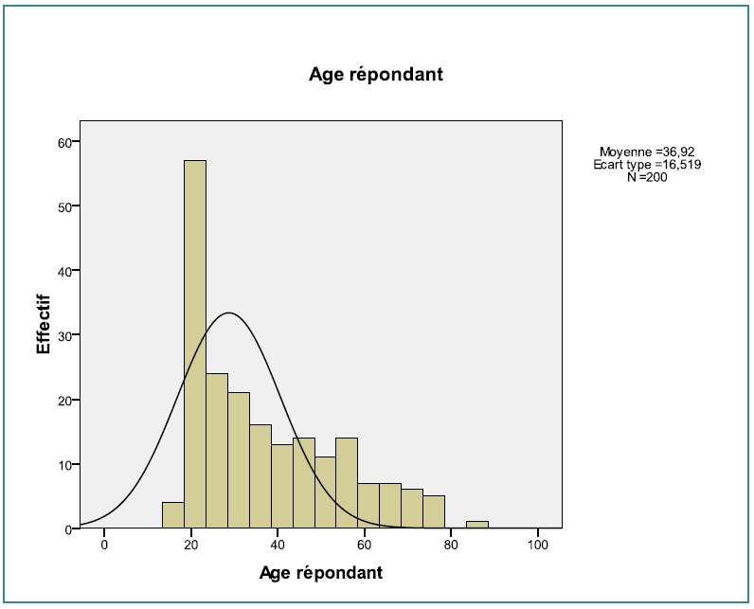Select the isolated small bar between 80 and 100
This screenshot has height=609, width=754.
(477, 525)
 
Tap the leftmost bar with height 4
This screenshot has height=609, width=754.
(173, 515)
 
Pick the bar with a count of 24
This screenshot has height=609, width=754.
(217, 450)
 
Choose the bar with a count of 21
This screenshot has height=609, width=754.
(239, 459)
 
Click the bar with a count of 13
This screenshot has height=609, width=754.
(282, 486)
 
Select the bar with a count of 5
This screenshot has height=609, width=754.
(434, 512)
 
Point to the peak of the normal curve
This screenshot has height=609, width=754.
(228, 313)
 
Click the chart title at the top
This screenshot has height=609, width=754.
(376, 75)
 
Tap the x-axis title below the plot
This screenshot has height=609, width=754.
(321, 573)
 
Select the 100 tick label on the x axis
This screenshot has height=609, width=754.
(538, 546)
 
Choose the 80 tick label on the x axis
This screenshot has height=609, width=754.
(451, 546)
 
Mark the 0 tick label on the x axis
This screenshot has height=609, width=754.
(104, 546)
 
